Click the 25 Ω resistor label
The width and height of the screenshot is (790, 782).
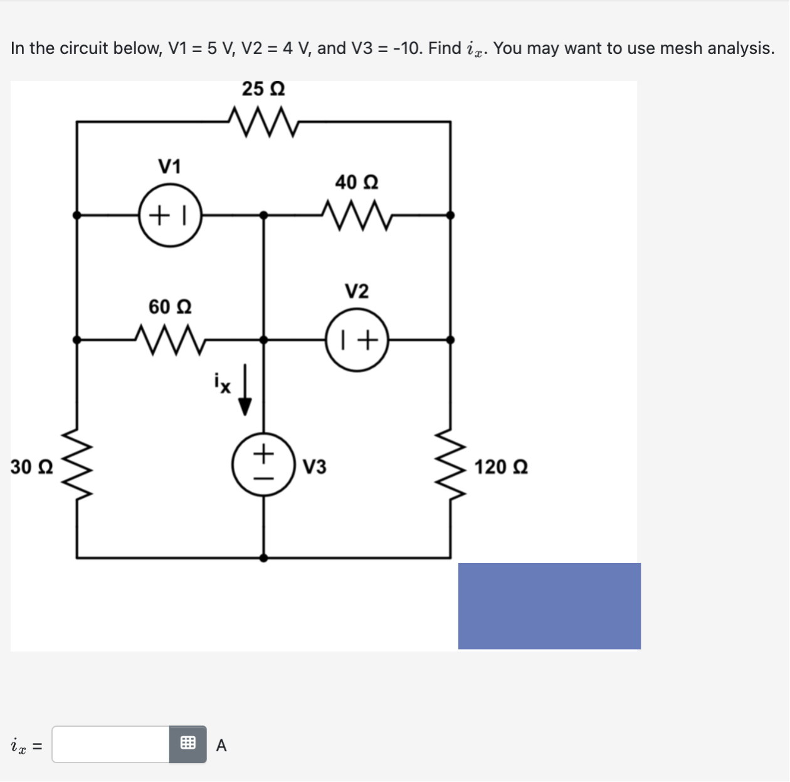click(263, 89)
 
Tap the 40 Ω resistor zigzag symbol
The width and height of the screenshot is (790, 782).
click(356, 215)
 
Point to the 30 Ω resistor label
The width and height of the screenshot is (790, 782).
click(32, 467)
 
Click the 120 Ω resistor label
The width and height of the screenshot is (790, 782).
click(501, 467)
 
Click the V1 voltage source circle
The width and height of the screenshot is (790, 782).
click(170, 215)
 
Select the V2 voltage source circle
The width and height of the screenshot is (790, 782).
click(357, 340)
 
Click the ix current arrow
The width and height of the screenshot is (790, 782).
click(245, 390)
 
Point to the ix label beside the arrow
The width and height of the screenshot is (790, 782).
click(223, 382)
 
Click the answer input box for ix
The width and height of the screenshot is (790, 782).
click(111, 744)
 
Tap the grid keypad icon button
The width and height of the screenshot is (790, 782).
click(187, 744)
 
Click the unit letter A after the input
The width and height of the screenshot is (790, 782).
click(221, 746)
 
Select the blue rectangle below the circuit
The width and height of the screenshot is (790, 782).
click(549, 606)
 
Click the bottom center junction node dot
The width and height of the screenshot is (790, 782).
click(263, 557)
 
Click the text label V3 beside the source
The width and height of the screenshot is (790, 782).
click(315, 467)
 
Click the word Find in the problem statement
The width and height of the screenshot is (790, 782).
click(445, 48)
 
